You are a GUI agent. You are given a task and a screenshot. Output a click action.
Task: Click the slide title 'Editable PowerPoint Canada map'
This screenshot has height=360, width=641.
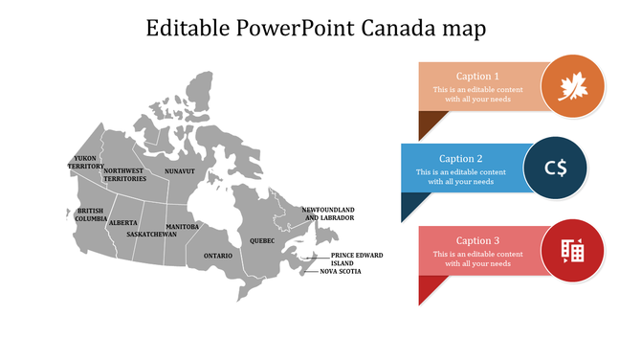click(316, 29)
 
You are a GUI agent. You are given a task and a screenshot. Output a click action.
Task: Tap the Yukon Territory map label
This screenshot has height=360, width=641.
click(86, 162)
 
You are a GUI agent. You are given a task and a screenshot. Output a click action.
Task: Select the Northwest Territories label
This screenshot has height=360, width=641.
click(124, 175)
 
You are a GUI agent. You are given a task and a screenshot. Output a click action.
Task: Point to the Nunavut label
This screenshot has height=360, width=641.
click(179, 171)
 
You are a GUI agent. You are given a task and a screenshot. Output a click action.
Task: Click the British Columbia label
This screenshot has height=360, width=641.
click(91, 214)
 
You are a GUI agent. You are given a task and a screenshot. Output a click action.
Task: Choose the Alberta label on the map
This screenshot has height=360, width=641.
click(123, 222)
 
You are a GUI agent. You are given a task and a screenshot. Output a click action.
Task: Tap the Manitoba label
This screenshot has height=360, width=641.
click(182, 227)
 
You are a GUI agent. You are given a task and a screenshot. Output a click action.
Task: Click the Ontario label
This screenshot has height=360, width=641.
click(217, 256)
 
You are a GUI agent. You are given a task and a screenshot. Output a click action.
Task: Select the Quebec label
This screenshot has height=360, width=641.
click(262, 240)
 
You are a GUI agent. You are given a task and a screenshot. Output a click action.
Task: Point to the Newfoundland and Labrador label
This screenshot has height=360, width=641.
click(328, 214)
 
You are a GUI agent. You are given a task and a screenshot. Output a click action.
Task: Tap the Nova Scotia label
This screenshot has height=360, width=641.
click(341, 272)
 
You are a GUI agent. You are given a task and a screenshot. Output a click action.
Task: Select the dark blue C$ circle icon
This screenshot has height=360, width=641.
click(556, 169)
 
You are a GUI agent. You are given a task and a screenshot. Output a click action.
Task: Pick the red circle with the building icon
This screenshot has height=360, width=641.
click(572, 251)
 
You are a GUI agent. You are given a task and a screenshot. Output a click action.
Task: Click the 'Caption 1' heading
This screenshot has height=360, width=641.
click(477, 77)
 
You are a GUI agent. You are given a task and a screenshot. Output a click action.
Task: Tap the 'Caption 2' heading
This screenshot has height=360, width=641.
click(461, 159)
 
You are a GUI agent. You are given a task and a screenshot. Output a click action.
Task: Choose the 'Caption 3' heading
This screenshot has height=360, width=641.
click(477, 240)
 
